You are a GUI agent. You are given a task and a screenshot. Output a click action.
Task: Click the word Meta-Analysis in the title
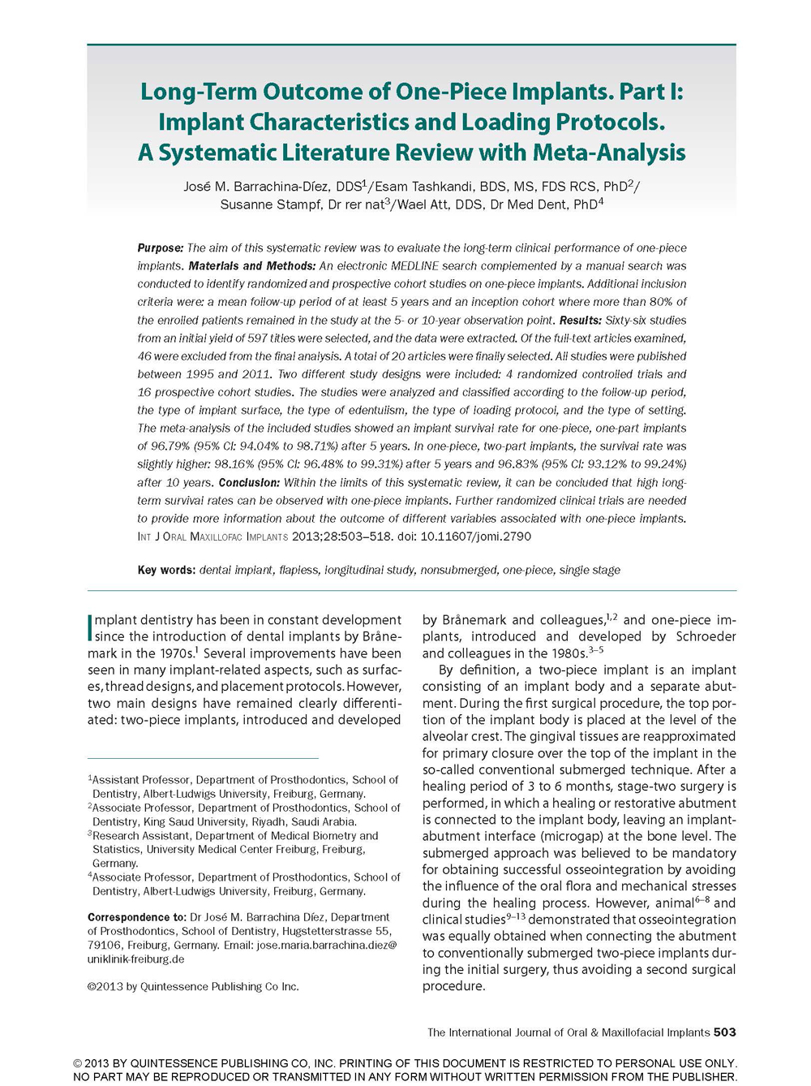609,153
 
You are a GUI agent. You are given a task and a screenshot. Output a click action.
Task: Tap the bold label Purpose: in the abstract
161,248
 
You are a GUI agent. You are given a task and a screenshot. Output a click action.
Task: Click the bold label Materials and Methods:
252,266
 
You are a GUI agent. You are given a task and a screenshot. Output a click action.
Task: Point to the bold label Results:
581,321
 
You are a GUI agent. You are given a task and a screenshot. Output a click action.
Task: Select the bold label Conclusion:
249,482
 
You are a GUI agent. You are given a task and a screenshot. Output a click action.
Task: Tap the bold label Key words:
166,571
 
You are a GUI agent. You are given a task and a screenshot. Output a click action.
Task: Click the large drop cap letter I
90,627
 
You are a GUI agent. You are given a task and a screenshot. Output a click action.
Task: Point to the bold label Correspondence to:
137,917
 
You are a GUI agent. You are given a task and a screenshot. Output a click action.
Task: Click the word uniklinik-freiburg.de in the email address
135,959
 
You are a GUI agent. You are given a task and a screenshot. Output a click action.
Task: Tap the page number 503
724,1032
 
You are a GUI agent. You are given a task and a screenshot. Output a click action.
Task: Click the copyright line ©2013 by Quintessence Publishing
193,987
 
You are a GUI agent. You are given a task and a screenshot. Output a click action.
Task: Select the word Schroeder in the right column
706,636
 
